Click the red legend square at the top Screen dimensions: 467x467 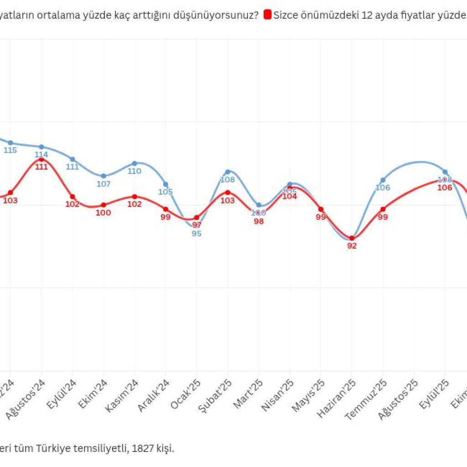pyautogui.click(x=268, y=15)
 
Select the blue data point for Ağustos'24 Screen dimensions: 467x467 pyautogui.click(x=42, y=147)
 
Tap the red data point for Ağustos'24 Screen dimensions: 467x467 pyautogui.click(x=42, y=160)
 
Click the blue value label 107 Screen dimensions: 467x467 pyautogui.click(x=104, y=184)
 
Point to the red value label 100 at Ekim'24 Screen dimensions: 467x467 pyautogui.click(x=104, y=213)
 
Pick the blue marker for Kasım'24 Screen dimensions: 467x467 pyautogui.click(x=135, y=163)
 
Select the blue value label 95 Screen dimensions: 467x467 pyautogui.click(x=197, y=233)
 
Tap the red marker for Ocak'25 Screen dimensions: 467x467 pyautogui.click(x=197, y=218)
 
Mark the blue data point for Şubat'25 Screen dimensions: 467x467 pyautogui.click(x=228, y=172)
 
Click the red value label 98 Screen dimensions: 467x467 pyautogui.click(x=259, y=221)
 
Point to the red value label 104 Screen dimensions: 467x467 pyautogui.click(x=290, y=197)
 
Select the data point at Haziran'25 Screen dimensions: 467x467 pyautogui.click(x=352, y=238)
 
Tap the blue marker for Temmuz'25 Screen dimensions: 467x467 pyautogui.click(x=383, y=180)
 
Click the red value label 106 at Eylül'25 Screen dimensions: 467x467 pyautogui.click(x=445, y=187)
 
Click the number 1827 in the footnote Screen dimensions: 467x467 pyautogui.click(x=143, y=448)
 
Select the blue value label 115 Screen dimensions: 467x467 pyautogui.click(x=10, y=150)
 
